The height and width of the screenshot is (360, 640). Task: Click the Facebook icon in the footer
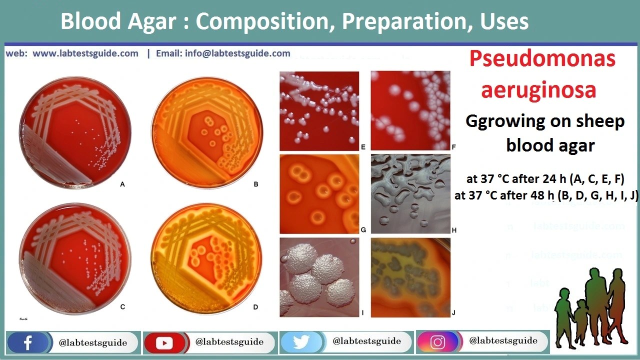point(28,343)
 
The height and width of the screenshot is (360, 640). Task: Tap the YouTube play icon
point(164,343)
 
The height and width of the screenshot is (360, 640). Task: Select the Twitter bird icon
point(301,342)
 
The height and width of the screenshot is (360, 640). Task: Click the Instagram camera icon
point(437,342)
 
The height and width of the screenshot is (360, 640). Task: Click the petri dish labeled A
point(75,131)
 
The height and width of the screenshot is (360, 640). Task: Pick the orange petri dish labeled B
point(207,131)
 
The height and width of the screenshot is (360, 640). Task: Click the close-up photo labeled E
point(319,110)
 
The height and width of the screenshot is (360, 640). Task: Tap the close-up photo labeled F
point(410,110)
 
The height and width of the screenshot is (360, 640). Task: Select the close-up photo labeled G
point(319,194)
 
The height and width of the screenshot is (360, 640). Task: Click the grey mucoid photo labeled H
point(410,194)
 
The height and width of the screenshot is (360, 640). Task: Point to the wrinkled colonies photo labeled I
point(319,277)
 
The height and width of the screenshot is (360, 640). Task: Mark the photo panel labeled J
point(410,277)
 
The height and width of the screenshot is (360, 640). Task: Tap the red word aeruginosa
point(538,90)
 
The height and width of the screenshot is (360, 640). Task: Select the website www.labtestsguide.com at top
point(85,53)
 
